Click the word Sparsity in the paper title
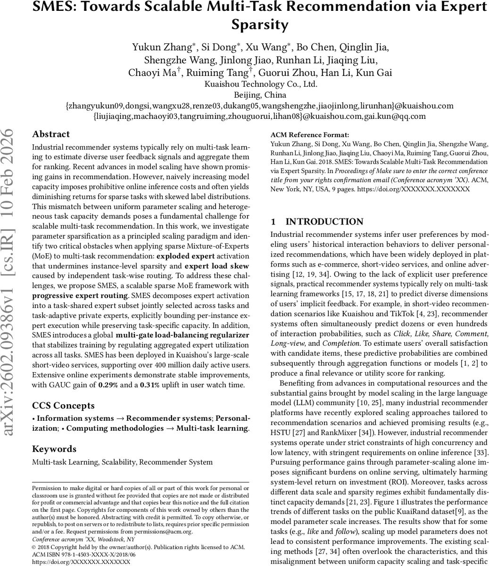[x=260, y=24]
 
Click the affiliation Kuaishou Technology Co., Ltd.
[x=261, y=84]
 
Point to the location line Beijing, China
[x=260, y=95]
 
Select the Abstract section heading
[x=51, y=134]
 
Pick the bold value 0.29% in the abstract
[x=108, y=385]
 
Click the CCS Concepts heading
[x=63, y=406]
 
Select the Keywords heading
[x=54, y=449]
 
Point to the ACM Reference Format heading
[x=310, y=135]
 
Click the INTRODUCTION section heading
[x=324, y=222]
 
